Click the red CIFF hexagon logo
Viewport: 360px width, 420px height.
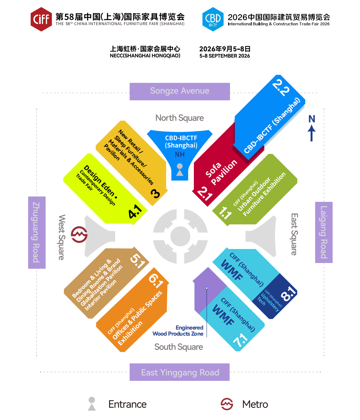pos(41,19)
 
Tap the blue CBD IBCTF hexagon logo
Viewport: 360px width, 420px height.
pos(213,19)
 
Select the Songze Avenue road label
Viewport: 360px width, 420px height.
pos(180,91)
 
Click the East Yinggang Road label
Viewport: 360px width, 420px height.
pos(180,372)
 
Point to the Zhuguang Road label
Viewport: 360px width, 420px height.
pos(37,233)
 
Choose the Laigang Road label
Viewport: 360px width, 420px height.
pos(324,232)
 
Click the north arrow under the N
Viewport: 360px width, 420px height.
pos(311,133)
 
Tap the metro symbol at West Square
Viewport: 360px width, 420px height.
pos(79,235)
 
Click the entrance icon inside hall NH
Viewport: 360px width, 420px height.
pos(180,170)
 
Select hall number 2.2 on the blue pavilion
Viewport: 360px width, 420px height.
pos(281,88)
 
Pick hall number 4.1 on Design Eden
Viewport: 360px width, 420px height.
pos(135,212)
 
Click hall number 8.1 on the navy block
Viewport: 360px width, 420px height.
pos(289,293)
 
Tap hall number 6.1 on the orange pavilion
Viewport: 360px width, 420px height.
pos(156,281)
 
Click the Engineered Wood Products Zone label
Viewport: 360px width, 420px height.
pos(178,331)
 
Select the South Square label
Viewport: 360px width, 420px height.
pos(179,347)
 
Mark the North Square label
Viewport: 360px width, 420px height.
pos(179,118)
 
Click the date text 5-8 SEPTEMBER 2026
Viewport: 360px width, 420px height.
pos(224,56)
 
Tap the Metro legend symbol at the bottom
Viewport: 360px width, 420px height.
pos(227,404)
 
